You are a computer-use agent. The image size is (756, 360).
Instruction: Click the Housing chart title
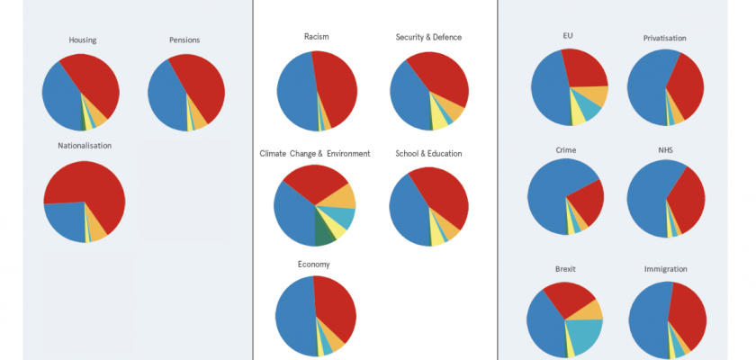pyautogui.click(x=83, y=40)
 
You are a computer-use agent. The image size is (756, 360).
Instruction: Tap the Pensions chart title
pyautogui.click(x=184, y=40)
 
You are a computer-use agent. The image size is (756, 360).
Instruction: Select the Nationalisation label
pyautogui.click(x=85, y=145)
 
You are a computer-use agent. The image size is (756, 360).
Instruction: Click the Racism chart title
pyautogui.click(x=316, y=37)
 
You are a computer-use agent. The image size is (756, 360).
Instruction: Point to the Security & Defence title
pyautogui.click(x=428, y=37)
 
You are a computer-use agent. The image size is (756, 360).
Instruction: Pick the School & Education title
pyautogui.click(x=428, y=154)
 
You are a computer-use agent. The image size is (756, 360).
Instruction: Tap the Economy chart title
pyautogui.click(x=314, y=264)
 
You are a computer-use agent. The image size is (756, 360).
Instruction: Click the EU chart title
pyautogui.click(x=567, y=36)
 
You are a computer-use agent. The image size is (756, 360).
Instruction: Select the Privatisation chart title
pyautogui.click(x=665, y=38)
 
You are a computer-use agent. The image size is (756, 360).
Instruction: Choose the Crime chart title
pyautogui.click(x=566, y=149)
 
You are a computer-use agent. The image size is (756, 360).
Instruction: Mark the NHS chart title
pyautogui.click(x=665, y=149)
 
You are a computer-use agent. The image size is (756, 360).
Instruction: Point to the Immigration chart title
pyautogui.click(x=666, y=269)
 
